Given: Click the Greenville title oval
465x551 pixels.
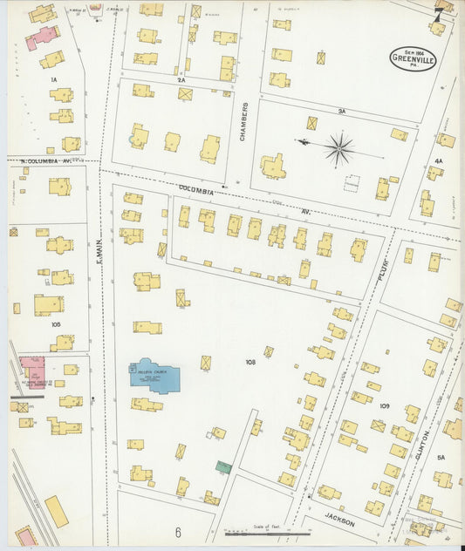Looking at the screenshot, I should (413, 58).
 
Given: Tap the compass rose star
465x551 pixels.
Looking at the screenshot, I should (338, 148).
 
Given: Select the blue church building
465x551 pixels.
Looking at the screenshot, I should (155, 376).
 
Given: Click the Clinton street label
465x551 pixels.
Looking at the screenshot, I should (424, 446).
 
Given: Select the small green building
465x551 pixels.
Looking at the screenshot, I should (224, 467).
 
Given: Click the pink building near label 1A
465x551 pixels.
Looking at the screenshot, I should (41, 37).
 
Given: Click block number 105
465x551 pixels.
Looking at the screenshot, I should (56, 323).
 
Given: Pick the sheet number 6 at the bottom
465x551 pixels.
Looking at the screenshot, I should (177, 532).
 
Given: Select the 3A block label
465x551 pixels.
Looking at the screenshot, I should (342, 111).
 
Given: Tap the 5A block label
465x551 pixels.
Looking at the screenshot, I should (441, 457).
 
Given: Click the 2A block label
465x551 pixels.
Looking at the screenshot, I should (181, 79).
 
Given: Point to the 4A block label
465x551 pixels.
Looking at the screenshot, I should (438, 160).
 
